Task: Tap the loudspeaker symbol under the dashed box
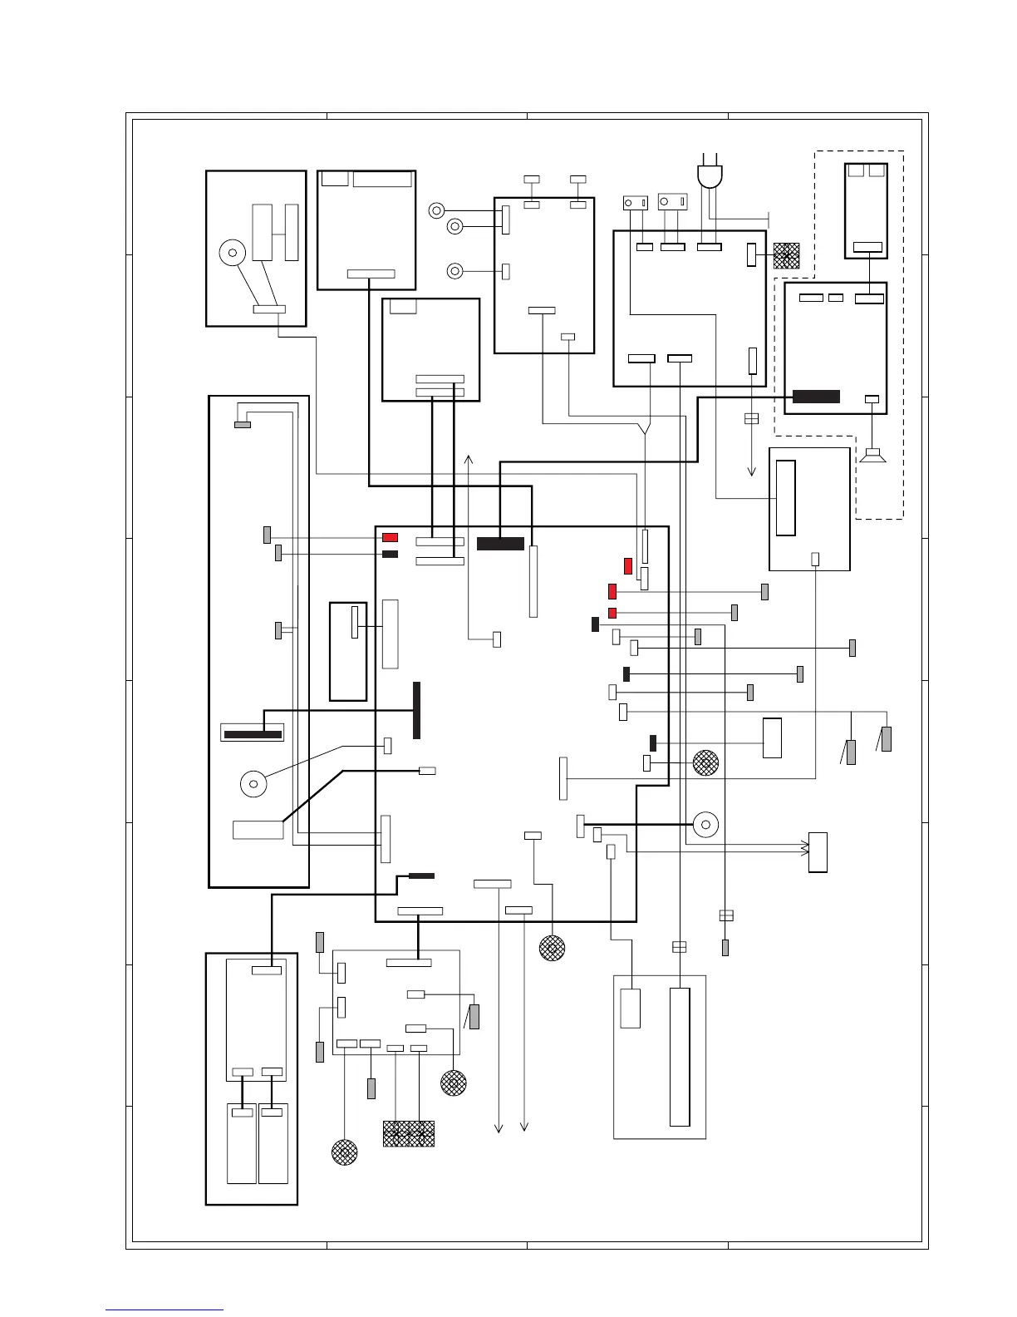(x=872, y=456)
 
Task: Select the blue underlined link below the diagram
(x=165, y=1310)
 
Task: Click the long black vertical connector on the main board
(x=416, y=710)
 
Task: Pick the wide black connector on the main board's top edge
(x=500, y=544)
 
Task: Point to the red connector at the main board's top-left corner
(x=390, y=538)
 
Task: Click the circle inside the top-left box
(x=233, y=253)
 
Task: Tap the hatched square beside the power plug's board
(x=786, y=255)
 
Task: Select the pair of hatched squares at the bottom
(x=409, y=1134)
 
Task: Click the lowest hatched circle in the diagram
(x=345, y=1152)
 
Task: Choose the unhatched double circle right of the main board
(x=705, y=825)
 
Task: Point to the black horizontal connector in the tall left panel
(x=253, y=734)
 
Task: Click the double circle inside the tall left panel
(x=253, y=783)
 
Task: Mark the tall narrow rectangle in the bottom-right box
(x=680, y=1056)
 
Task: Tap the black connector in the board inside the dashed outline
(x=816, y=397)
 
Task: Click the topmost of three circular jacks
(x=437, y=210)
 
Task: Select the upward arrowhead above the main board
(x=469, y=459)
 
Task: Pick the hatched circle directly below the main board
(x=552, y=948)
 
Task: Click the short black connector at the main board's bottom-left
(x=421, y=876)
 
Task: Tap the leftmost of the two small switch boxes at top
(x=635, y=203)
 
